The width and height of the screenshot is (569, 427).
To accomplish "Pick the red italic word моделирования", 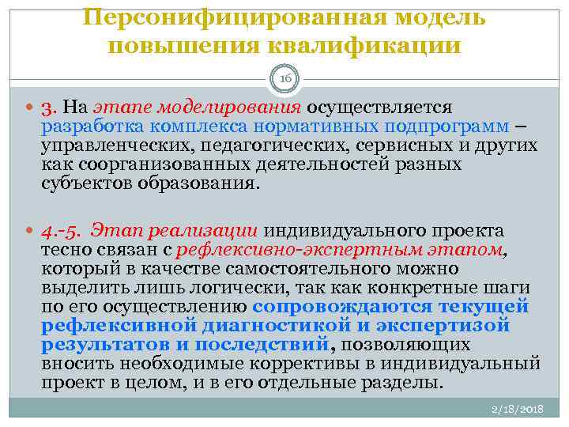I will (x=229, y=107).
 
